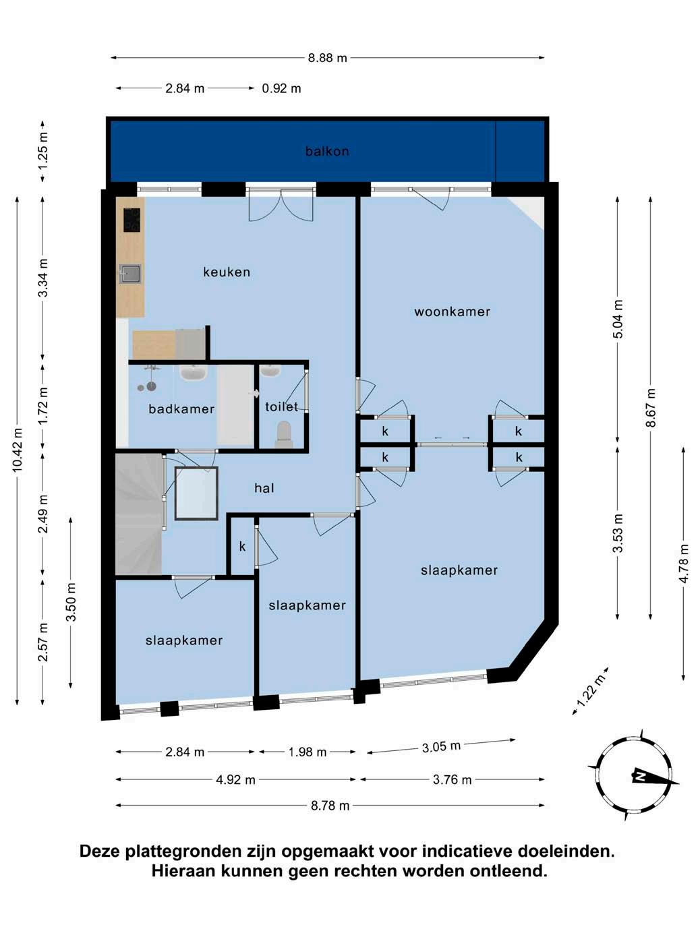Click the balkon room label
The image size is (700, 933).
(327, 151)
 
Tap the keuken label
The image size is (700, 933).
(227, 272)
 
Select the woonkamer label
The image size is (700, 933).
(452, 311)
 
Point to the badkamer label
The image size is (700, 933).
(181, 409)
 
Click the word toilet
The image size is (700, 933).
(281, 407)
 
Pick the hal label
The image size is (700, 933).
(264, 487)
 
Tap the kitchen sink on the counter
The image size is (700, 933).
(130, 273)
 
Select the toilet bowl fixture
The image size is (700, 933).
(283, 434)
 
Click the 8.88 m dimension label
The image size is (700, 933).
(327, 57)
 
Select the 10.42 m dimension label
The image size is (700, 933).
(17, 450)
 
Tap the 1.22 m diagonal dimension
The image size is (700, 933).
(591, 690)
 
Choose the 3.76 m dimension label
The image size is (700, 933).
(452, 779)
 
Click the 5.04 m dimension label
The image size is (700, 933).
(618, 319)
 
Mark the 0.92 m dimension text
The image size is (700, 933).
(281, 88)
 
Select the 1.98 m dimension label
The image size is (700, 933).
(308, 752)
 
